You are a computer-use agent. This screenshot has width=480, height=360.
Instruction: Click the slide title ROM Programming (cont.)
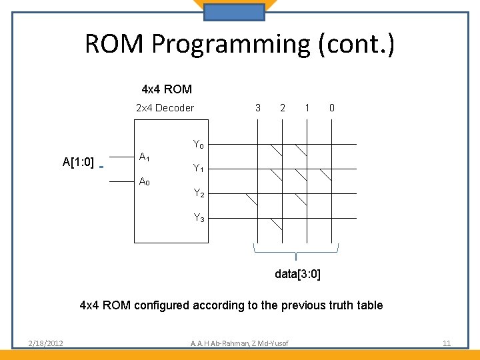pos(240,44)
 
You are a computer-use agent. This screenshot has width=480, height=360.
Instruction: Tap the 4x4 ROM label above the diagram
pos(167,89)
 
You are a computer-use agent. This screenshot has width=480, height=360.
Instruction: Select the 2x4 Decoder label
pos(165,108)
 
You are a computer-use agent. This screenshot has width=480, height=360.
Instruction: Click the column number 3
pos(258,108)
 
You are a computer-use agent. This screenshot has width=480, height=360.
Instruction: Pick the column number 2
pos(283,108)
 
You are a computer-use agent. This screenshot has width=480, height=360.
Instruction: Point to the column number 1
pos(307,108)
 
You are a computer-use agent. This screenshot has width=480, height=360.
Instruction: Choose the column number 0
pos(332,108)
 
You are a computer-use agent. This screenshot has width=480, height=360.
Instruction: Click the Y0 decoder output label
pos(199,144)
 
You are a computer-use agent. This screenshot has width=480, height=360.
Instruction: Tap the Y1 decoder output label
pos(199,169)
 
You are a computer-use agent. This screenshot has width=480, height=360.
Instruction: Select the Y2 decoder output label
pos(199,193)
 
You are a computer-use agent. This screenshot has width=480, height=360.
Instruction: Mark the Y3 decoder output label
pos(199,217)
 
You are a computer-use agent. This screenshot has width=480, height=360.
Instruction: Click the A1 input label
pos(144,157)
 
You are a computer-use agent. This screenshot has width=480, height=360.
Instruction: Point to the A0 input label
pos(144,181)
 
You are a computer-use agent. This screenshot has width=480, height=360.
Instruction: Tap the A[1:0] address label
pos(78,162)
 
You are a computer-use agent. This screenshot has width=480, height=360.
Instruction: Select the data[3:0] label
pos(297,274)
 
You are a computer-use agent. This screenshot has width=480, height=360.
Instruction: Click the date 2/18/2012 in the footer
pos(46,343)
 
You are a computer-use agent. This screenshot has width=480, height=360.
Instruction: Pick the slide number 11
pos(447,343)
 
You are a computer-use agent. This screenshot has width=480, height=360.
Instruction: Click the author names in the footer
pos(240,343)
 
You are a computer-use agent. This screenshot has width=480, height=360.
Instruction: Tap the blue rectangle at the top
pos(234,12)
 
